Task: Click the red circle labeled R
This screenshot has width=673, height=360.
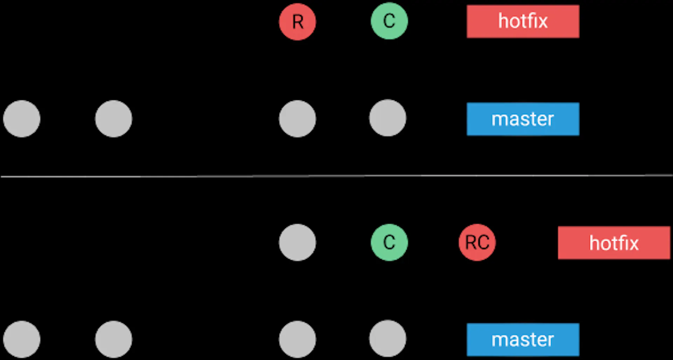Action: [297, 22]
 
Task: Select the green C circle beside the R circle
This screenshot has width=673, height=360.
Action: [389, 21]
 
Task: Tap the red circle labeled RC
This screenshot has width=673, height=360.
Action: [477, 242]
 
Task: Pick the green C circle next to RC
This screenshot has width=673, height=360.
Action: [389, 242]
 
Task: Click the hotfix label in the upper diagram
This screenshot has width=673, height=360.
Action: [523, 21]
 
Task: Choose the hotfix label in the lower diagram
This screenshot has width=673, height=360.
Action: [614, 243]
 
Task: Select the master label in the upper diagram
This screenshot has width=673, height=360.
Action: [523, 119]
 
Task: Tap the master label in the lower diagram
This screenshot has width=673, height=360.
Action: [523, 339]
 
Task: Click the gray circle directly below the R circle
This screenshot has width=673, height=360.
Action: [297, 118]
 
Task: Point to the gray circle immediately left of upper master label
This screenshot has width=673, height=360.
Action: [388, 118]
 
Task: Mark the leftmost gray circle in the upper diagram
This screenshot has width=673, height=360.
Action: [22, 118]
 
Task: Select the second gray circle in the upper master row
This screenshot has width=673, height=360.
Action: [114, 118]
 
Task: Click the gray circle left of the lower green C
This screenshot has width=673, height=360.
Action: [297, 242]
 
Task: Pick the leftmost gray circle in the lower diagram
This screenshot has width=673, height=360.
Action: [22, 339]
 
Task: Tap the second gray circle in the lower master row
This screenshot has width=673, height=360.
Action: [114, 339]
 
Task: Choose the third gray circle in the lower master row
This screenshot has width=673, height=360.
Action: [297, 339]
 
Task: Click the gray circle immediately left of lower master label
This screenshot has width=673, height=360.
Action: [388, 339]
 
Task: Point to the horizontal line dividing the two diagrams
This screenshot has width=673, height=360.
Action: [336, 176]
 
